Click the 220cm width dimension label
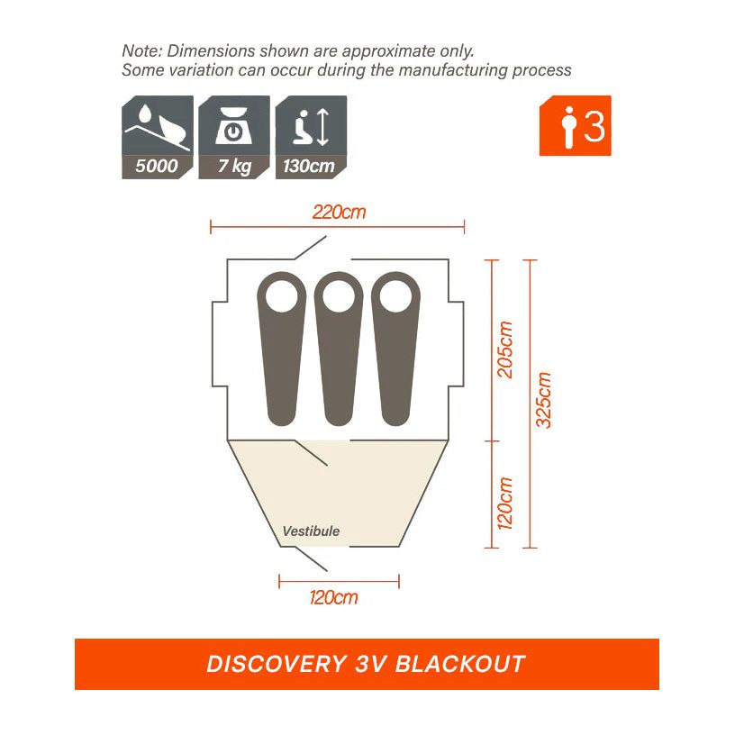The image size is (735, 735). pos(340,213)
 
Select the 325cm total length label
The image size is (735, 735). pos(544,400)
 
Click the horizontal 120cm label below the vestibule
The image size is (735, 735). pos(334,597)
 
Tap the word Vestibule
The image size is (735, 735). pos(311,531)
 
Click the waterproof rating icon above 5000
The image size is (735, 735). pos(157,125)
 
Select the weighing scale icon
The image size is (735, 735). pos(233,125)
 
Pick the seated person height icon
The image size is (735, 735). pos(310,125)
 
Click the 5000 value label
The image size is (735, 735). pos(157,167)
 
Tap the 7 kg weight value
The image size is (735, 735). pos(233,167)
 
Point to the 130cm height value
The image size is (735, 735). pos(310,167)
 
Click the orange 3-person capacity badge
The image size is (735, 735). pos(575,126)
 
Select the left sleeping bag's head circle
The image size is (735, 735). pos(281,295)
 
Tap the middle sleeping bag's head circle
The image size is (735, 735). pos(339,295)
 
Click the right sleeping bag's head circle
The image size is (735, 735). pos(396,295)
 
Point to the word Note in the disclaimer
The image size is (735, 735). pos(140,50)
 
